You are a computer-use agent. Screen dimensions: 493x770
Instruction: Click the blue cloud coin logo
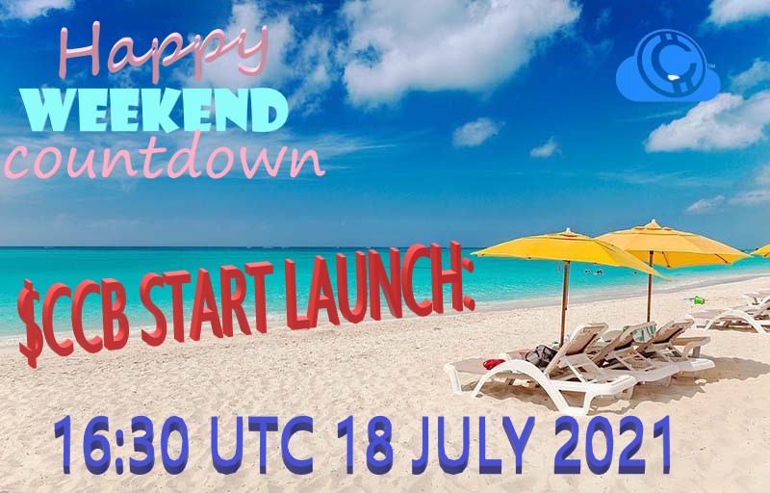(x=667, y=69)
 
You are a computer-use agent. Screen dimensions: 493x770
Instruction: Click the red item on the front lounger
(x=494, y=364)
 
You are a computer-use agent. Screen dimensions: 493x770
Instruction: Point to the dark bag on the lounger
(x=540, y=354)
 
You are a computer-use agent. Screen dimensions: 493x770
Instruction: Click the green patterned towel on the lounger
(x=643, y=332)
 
